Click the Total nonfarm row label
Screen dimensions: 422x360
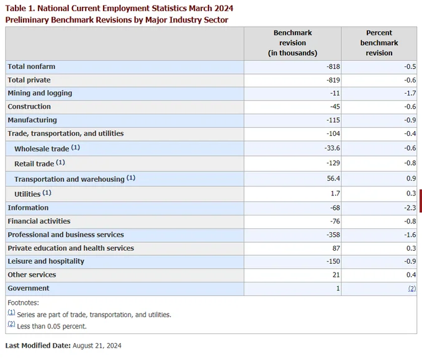pos(31,66)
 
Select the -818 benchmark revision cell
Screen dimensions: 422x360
pos(333,66)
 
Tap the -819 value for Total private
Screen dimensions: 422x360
pos(333,80)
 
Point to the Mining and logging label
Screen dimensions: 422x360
pos(40,93)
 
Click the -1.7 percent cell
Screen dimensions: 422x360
pos(410,93)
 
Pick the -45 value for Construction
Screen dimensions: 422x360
pos(335,107)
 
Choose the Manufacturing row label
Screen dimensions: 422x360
pos(32,120)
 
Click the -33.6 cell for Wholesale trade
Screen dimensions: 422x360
pos(332,148)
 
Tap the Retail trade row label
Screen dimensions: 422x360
pos(34,164)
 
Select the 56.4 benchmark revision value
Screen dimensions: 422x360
pos(333,178)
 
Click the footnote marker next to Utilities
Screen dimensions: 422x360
pos(47,193)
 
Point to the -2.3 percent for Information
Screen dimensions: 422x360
pos(410,208)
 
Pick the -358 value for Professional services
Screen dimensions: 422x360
pos(333,235)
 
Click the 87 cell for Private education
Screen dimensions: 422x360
pos(336,248)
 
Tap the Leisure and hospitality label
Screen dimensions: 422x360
pos(46,261)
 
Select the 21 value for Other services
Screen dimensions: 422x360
pos(336,274)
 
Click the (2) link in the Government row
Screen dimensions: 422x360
pos(412,289)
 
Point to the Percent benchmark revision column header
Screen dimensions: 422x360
pos(379,43)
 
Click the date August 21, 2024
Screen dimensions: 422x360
pos(97,346)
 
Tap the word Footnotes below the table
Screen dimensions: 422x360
pos(23,303)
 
